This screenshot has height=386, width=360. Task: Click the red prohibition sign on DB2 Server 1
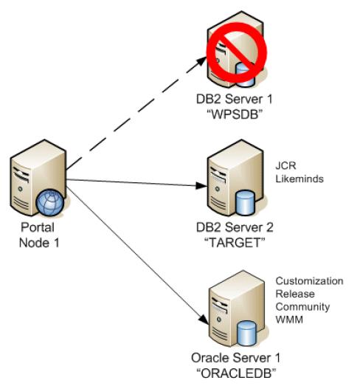pos(237,52)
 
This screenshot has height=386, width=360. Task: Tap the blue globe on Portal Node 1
pos(50,202)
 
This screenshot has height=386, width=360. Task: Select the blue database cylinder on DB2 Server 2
pos(245,204)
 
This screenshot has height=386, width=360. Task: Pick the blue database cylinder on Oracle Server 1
pos(246,333)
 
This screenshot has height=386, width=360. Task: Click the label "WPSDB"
pos(235,114)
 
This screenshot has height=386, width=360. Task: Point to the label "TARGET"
pos(235,243)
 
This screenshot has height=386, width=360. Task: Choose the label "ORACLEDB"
pos(236,373)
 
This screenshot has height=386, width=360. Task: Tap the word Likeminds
pos(300,179)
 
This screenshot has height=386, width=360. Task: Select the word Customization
pos(309,281)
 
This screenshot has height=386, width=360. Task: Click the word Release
pos(295,294)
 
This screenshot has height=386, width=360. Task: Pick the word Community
pos(302,307)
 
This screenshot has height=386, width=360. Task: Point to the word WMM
pos(289,320)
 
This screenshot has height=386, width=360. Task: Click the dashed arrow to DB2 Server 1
pos(136,113)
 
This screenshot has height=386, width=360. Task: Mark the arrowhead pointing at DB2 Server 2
pos(201,185)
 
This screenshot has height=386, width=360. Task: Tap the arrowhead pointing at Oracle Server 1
pos(204,320)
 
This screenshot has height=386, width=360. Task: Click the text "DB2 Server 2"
pos(235,227)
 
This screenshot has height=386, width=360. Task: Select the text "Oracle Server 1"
pos(236,358)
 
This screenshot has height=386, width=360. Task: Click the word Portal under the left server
pos(38,227)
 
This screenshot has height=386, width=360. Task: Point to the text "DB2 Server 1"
pos(235,99)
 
